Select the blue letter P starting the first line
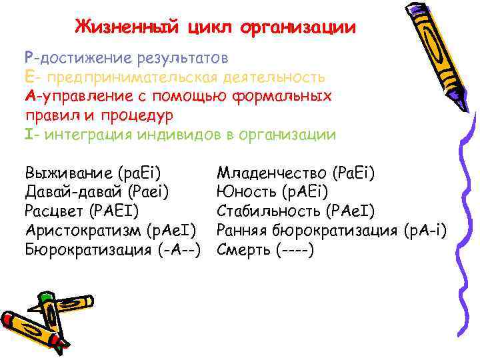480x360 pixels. pyautogui.click(x=28, y=58)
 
